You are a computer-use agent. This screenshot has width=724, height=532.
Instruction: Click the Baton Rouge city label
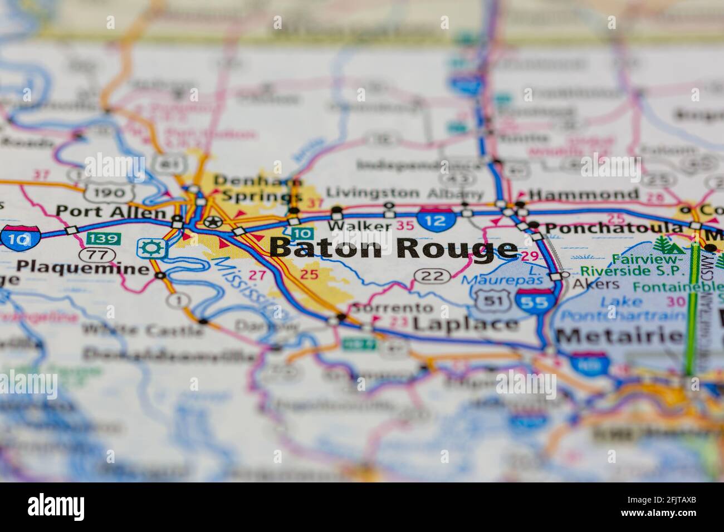click(x=393, y=248)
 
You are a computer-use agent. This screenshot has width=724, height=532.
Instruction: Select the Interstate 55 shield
click(x=536, y=301)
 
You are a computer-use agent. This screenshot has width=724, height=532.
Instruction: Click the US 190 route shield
click(x=110, y=193)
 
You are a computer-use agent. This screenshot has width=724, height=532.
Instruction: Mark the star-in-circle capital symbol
click(x=212, y=223)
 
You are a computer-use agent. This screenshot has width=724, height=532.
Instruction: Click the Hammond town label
click(x=583, y=194)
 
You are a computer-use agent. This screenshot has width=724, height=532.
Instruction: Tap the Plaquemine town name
click(x=82, y=267)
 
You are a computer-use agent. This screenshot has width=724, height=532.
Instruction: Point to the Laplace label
click(x=466, y=323)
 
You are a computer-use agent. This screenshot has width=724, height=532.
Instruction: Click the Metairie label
click(x=619, y=336)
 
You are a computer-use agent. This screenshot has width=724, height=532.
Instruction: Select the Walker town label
click(x=359, y=225)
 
